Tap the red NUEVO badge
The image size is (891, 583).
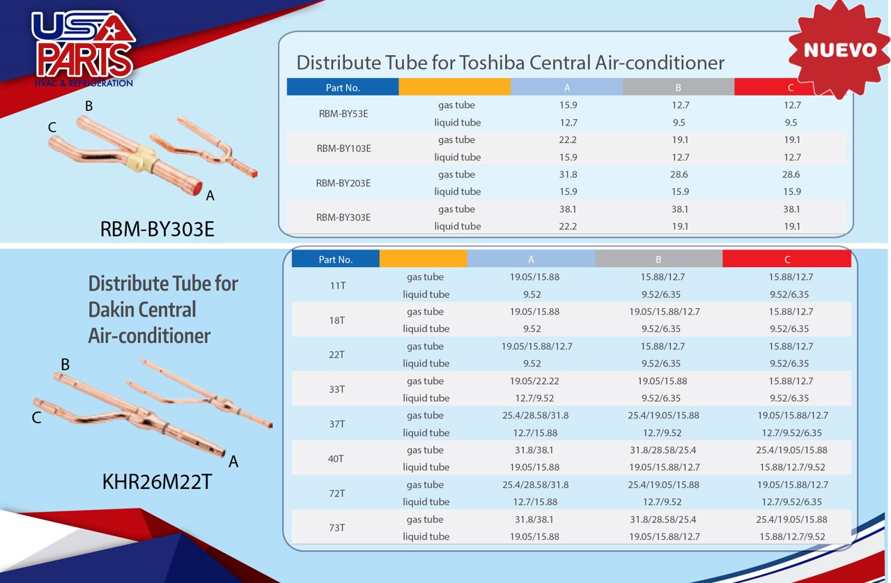coord(839,50)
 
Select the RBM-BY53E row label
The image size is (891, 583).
coord(343,114)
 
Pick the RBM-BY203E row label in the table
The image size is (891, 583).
coord(343,183)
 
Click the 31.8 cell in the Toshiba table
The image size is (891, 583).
coord(568,174)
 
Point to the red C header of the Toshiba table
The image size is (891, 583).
coord(791,87)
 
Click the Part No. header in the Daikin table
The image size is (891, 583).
coord(336,259)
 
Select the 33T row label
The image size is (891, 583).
coord(336,389)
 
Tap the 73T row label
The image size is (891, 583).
coord(336,528)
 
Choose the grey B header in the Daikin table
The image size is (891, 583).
coord(658,259)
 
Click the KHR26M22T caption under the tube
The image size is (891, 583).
coord(157,482)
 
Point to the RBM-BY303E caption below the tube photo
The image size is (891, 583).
coord(157,229)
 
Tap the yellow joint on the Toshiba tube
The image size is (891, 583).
coord(146,156)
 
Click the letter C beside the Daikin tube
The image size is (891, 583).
coord(36,418)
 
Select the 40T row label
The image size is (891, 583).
coord(336,459)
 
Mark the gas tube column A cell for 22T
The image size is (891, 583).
coord(536,347)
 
